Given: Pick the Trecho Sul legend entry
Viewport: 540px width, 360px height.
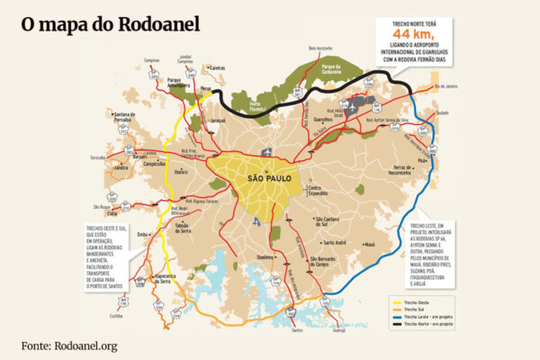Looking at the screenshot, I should pos(415,309).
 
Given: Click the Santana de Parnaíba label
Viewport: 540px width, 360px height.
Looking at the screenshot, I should pos(126,117).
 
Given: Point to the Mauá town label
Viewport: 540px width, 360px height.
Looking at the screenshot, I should pos(370,244).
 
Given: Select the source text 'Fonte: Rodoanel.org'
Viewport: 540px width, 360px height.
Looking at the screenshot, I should pos(70,346).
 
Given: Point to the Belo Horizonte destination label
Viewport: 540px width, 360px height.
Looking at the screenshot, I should pos(321,48).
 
